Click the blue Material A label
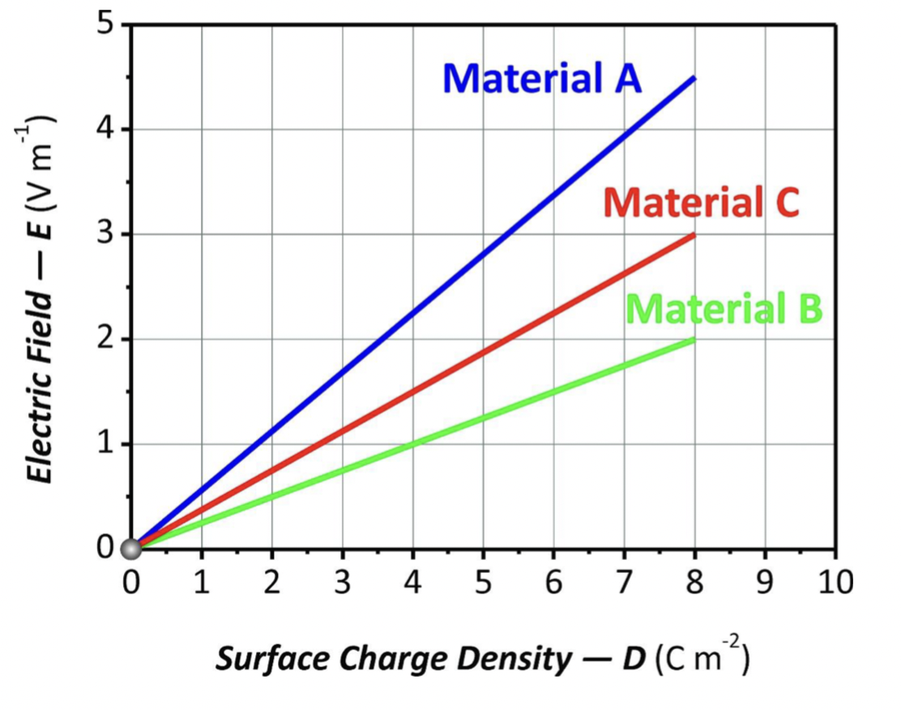541,79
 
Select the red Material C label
701,203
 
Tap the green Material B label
724,309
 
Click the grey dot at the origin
130,550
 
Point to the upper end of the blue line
694,78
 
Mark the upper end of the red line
694,235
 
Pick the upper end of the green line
694,340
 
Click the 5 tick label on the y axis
105,24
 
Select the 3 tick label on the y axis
105,234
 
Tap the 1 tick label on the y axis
105,444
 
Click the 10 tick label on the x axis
835,583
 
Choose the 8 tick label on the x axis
695,583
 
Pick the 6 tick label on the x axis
553,583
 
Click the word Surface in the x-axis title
264,660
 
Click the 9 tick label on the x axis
766,583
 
